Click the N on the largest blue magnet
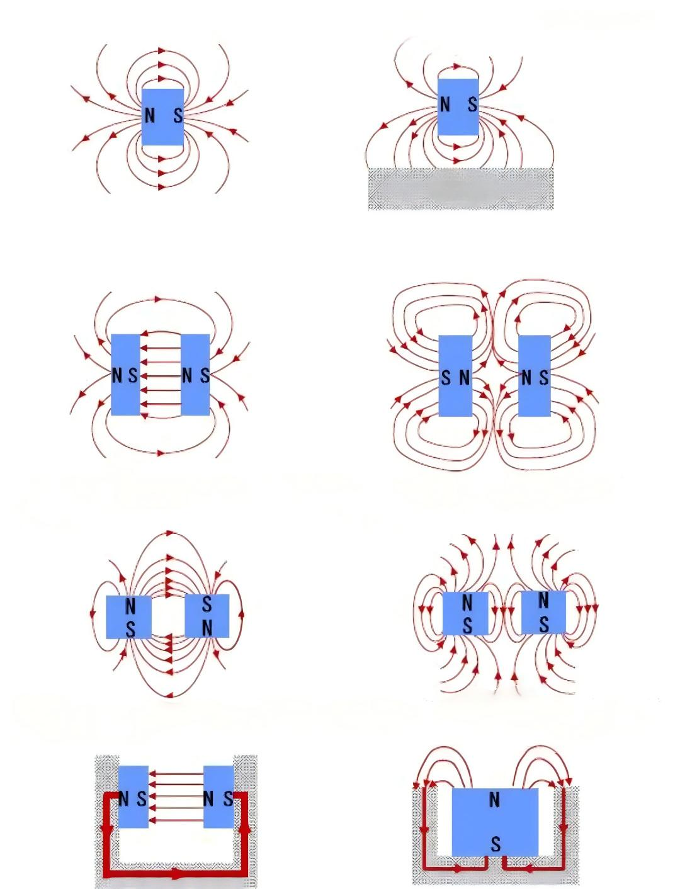[x=494, y=800]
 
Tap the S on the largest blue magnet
[x=496, y=844]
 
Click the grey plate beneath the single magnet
[x=460, y=188]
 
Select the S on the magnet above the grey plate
[x=472, y=105]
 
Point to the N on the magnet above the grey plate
[x=445, y=105]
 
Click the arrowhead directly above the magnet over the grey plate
[x=457, y=66]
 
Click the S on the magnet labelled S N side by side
[x=446, y=378]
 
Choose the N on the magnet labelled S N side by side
[x=465, y=378]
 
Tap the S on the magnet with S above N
[x=207, y=604]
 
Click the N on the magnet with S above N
[x=207, y=628]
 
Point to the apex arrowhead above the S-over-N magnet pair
[x=170, y=533]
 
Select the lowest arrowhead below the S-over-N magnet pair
[x=170, y=696]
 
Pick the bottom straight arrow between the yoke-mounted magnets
[x=176, y=820]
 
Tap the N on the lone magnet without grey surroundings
[x=149, y=116]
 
